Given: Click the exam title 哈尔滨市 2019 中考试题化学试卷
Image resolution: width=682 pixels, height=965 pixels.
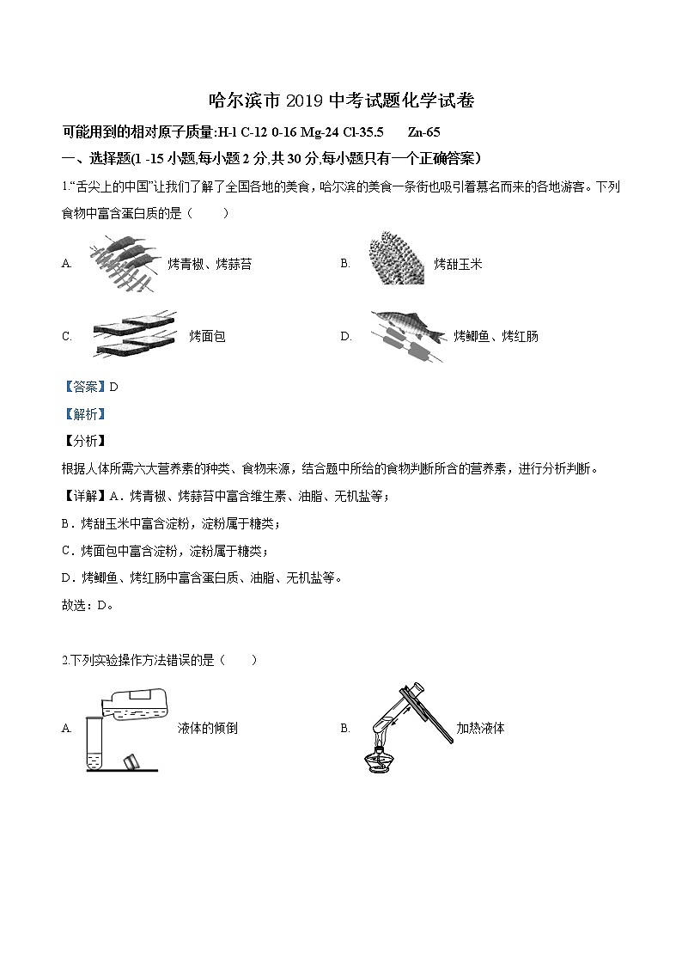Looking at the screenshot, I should point(342,101).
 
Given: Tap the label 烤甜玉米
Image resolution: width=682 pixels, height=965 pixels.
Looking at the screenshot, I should point(458,264).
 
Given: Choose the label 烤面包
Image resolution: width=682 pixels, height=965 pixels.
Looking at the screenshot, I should point(207,337).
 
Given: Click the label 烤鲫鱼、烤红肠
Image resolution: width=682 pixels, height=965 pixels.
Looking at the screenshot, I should point(496,337).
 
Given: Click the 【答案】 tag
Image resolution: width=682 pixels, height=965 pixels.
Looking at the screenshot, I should point(82,387).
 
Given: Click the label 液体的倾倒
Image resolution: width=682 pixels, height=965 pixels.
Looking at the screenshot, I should point(206,729).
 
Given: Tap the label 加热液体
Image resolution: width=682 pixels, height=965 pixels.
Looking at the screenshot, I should point(480,729).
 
